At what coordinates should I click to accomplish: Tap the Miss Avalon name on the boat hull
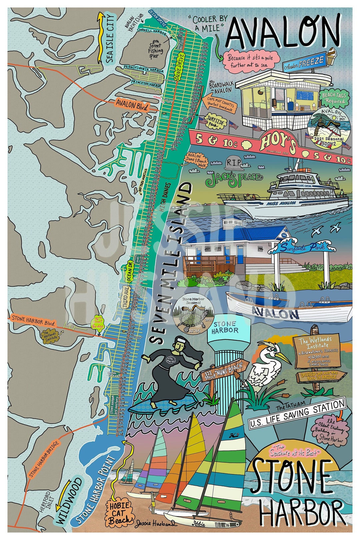point(281,203)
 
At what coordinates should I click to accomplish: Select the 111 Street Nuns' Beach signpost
point(224,371)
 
